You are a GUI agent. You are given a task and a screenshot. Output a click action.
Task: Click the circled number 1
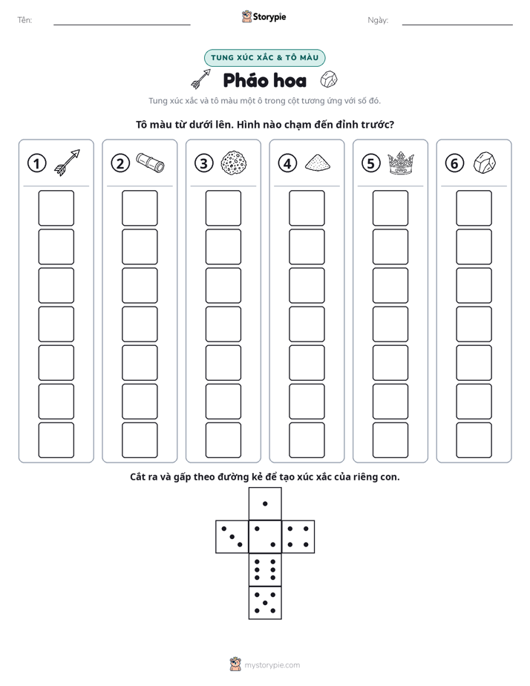(36, 163)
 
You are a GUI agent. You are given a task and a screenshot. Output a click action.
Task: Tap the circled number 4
(287, 163)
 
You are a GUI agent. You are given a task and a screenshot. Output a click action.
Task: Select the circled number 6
(454, 163)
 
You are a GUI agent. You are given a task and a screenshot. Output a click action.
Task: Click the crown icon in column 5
(401, 163)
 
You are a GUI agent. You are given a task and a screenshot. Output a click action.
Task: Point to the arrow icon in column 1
(68, 163)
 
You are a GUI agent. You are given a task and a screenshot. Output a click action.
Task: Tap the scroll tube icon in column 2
(151, 163)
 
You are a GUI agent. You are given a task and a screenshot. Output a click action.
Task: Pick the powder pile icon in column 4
(318, 163)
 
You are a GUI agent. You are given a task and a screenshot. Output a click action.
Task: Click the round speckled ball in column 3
(234, 163)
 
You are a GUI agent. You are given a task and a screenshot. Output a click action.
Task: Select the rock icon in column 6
(485, 163)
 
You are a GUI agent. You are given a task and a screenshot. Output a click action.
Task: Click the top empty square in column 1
(56, 208)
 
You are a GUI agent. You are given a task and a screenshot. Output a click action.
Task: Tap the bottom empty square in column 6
(474, 440)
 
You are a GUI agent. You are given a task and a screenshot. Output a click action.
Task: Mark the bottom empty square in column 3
(223, 440)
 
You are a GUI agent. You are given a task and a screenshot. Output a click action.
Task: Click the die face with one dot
(265, 503)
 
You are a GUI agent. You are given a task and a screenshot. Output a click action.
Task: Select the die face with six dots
(265, 569)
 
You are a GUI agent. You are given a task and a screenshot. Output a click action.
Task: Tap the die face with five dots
(265, 602)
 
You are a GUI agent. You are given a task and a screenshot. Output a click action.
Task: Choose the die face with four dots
(298, 537)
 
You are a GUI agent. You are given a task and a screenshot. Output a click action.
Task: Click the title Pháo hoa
(264, 80)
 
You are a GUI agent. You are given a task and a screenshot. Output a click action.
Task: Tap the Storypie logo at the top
(264, 17)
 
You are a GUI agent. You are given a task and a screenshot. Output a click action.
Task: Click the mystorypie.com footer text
(272, 665)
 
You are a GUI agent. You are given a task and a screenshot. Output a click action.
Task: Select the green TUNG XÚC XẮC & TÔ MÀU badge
(264, 58)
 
